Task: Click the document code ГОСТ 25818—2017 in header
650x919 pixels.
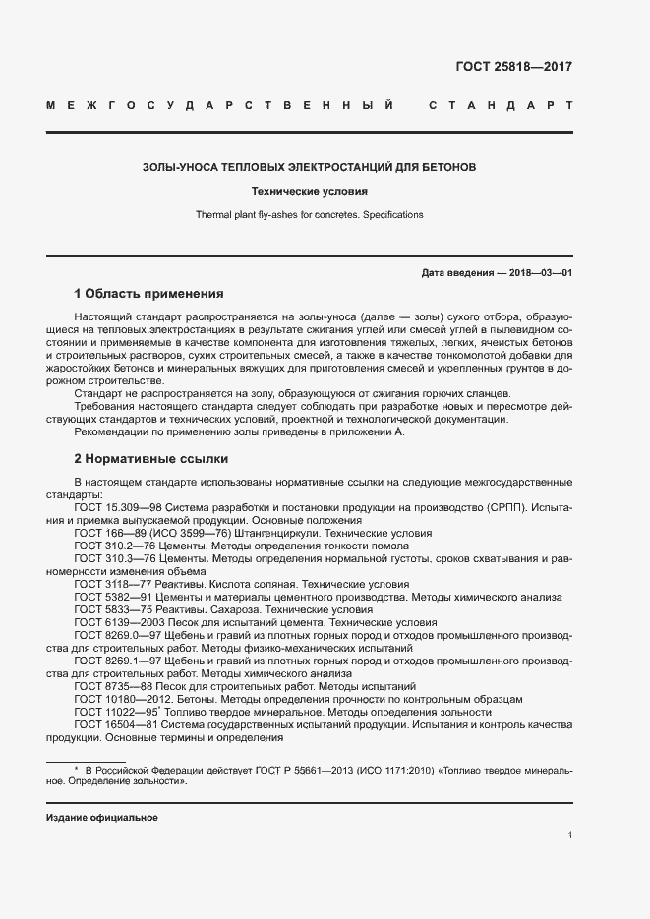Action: click(513, 68)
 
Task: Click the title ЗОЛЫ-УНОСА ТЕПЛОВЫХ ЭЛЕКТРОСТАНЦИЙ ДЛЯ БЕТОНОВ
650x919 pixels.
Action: click(309, 168)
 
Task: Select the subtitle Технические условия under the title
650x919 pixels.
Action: click(309, 192)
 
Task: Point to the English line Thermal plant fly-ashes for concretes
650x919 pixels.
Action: click(309, 214)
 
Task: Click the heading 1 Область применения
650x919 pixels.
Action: click(149, 294)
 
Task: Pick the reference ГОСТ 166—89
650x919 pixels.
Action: click(104, 532)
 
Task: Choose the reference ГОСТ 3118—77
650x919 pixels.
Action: click(107, 584)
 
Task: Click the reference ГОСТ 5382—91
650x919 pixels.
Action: click(107, 597)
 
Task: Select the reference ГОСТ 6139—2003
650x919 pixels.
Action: click(113, 622)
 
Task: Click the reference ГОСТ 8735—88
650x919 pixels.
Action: click(107, 686)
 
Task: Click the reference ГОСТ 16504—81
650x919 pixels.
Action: click(111, 724)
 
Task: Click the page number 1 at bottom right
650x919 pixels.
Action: click(569, 834)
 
